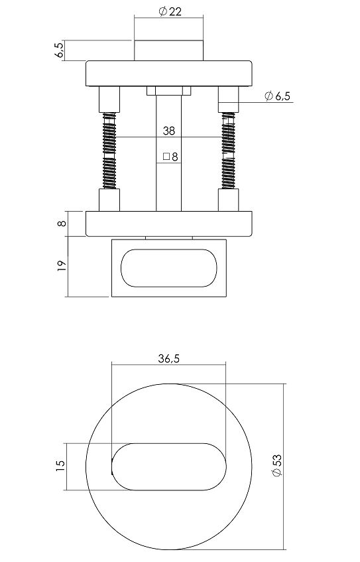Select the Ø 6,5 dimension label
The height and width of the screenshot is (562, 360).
tap(277, 96)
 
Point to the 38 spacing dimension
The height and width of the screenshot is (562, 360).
tap(168, 131)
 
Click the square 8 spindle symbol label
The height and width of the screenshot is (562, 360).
tap(170, 157)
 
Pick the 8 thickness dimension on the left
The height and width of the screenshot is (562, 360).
tap(61, 224)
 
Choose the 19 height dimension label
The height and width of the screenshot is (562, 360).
tap(61, 265)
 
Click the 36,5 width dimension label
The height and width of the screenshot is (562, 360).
tap(169, 359)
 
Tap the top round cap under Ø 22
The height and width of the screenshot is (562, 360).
tap(168, 50)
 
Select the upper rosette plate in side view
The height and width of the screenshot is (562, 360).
tap(168, 74)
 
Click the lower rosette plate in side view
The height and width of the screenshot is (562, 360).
tap(168, 223)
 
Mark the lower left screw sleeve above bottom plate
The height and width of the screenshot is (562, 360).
tap(109, 200)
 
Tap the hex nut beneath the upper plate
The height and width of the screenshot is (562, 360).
tap(168, 91)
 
